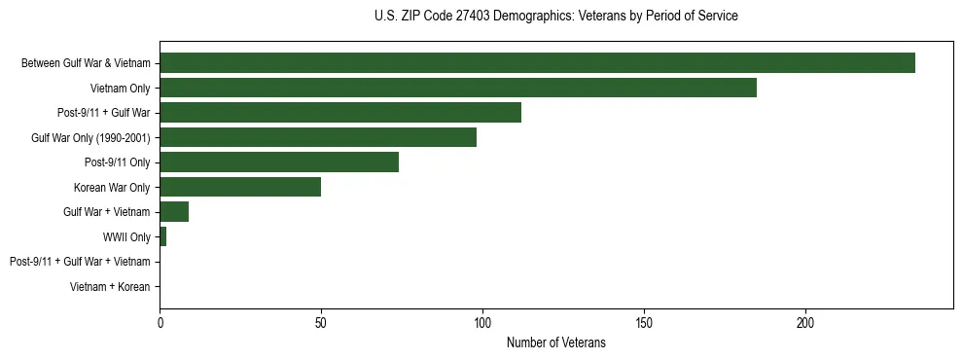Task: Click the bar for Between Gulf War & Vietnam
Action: coord(537,63)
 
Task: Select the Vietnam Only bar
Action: coord(458,88)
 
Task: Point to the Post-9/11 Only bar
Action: coord(279,162)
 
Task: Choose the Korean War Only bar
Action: coord(240,187)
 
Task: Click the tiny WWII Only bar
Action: coord(163,236)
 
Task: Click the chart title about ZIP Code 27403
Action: coord(555,17)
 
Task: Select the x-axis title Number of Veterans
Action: coord(555,342)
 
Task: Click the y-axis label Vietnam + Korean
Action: coord(110,287)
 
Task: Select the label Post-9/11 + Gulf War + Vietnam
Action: coord(80,262)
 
